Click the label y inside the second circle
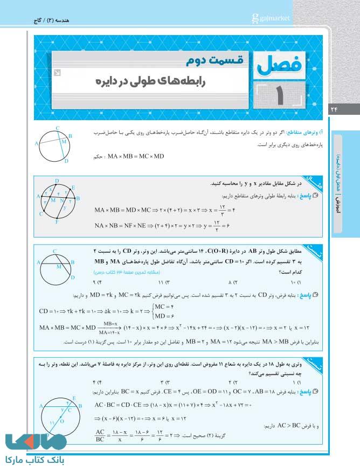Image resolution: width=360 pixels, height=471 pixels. tap(64, 206)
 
